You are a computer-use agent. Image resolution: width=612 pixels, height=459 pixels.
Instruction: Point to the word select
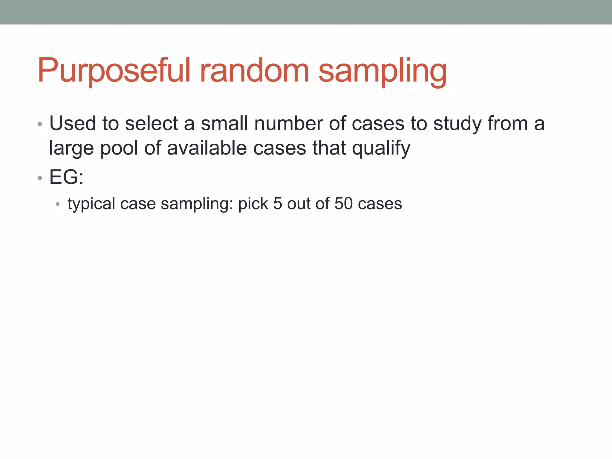click(151, 123)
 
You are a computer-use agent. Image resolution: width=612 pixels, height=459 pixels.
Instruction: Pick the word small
click(224, 123)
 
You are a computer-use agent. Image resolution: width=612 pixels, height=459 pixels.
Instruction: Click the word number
click(288, 123)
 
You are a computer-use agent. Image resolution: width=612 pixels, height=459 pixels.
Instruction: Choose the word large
click(71, 149)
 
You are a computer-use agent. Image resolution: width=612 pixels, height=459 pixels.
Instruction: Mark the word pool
click(119, 149)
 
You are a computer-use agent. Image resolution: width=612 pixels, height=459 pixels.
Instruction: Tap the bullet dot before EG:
click(40, 178)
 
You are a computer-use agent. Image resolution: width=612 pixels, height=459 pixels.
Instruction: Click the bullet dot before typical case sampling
click(58, 205)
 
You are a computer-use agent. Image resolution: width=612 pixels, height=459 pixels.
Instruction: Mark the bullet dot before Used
click(40, 124)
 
